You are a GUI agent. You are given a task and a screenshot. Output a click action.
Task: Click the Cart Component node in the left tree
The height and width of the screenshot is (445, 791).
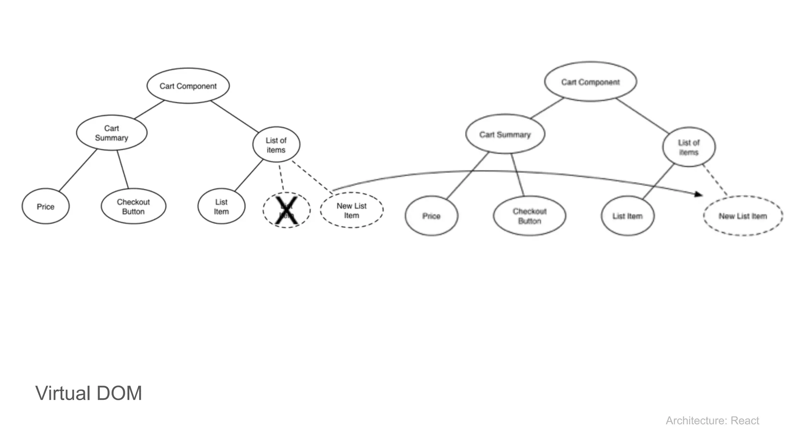coord(188,86)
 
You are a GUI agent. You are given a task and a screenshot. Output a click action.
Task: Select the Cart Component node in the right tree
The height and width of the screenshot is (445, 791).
coord(590,82)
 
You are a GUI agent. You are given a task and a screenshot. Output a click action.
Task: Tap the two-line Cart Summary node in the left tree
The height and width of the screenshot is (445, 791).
coord(112,133)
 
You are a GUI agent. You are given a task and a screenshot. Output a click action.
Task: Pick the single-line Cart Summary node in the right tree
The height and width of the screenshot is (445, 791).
coord(505,134)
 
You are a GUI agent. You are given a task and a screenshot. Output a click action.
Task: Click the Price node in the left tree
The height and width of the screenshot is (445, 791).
coord(46,207)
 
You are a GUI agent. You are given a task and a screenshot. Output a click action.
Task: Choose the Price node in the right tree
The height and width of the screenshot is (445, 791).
coord(431,216)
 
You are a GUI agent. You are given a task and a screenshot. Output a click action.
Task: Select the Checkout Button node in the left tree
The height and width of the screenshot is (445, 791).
coord(133,207)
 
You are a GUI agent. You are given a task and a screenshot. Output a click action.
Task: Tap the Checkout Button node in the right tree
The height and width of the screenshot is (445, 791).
coord(530,216)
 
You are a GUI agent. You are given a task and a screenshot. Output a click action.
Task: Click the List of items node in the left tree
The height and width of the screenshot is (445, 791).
coord(276,145)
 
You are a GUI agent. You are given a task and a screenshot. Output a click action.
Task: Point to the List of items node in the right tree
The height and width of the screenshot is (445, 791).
coord(689,147)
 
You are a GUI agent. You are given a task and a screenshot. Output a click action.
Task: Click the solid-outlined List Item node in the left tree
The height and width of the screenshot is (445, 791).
coord(221,207)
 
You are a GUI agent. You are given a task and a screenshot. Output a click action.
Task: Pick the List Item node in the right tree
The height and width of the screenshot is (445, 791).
coord(628,216)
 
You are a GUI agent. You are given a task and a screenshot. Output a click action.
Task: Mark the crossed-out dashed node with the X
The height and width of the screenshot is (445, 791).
coord(287,211)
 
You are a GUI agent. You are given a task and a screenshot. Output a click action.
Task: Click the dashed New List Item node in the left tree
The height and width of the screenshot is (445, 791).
coord(351,211)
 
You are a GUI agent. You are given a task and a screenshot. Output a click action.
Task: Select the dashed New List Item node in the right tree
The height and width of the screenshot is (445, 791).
coord(743,216)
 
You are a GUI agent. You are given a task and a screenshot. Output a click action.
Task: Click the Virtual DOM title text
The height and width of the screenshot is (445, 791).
coord(89,393)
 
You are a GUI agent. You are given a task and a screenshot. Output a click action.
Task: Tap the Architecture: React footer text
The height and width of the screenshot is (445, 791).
coord(712,420)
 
